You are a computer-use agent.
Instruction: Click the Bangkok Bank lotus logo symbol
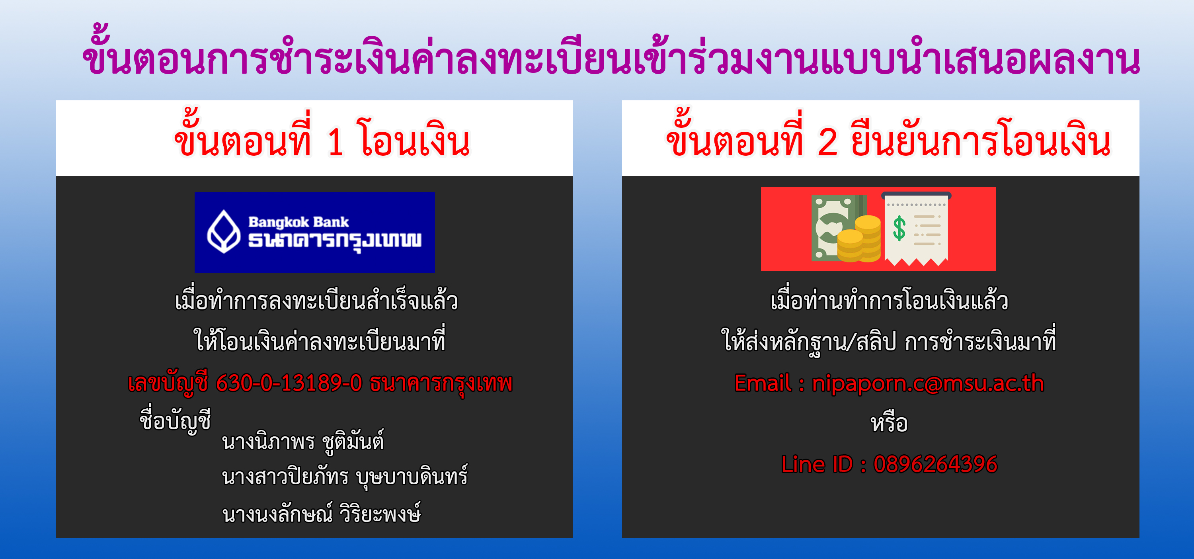click(x=223, y=231)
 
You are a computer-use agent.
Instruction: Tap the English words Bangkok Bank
click(x=298, y=222)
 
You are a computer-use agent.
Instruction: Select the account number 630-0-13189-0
click(x=289, y=383)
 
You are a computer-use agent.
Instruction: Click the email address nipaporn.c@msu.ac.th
click(x=928, y=384)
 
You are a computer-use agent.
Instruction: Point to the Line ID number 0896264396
click(x=935, y=464)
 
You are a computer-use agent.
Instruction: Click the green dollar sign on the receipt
click(x=899, y=228)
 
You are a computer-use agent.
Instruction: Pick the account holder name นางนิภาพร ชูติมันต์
click(x=303, y=441)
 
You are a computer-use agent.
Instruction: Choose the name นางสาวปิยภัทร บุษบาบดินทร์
click(x=345, y=477)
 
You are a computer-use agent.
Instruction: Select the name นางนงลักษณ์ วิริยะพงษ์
click(x=321, y=513)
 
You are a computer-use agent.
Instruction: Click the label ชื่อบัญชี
click(x=175, y=420)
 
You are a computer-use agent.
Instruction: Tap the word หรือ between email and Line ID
click(x=889, y=423)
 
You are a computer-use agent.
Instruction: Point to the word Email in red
click(x=763, y=384)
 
